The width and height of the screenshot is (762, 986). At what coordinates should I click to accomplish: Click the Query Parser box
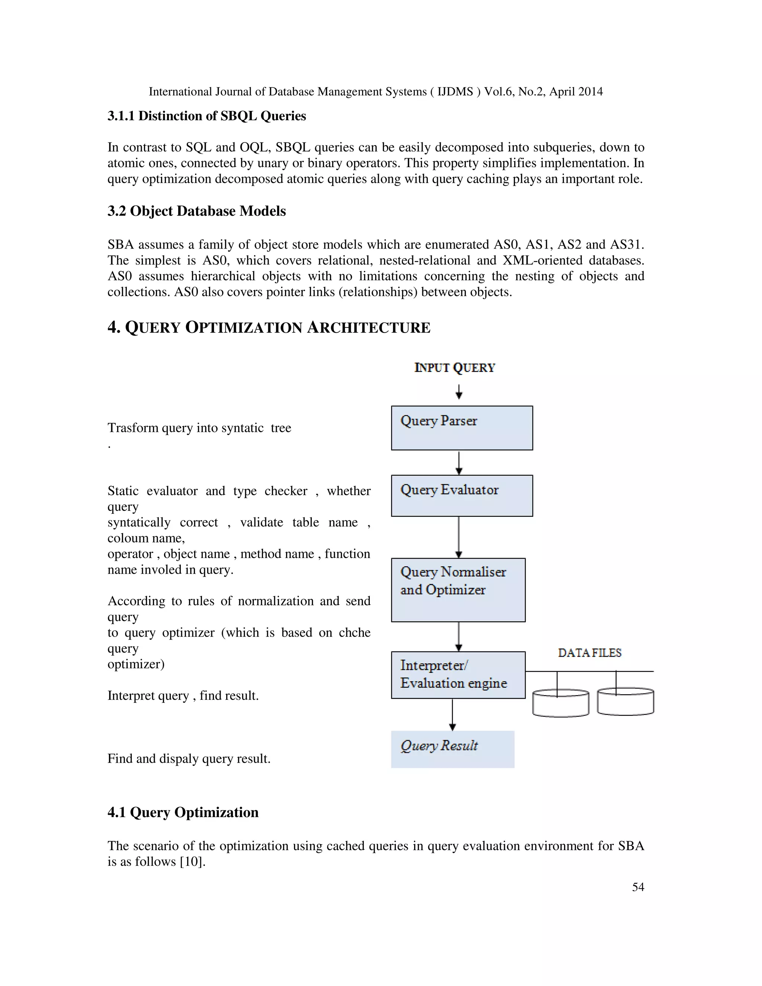462,428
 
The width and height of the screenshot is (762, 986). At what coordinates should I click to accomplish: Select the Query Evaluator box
462,495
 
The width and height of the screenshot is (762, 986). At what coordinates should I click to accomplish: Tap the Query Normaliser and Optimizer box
458,590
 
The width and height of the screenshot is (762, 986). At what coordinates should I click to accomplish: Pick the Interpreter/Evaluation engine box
458,675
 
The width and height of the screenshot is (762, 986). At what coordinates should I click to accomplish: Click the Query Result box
452,749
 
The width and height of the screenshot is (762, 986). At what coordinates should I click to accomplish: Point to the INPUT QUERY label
455,368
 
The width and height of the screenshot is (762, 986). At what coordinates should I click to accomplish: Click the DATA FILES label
590,653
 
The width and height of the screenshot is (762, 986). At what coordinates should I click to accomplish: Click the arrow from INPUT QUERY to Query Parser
459,391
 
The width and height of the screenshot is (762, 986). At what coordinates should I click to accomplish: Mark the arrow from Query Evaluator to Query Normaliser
459,537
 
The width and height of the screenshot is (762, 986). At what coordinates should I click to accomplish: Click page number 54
638,887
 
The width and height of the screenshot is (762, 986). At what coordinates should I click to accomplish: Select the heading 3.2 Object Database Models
196,211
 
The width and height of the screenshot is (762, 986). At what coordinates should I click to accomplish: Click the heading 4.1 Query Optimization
183,812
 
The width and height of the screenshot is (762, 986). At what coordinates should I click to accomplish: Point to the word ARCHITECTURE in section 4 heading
368,327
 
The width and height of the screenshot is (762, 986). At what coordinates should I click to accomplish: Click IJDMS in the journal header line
455,92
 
